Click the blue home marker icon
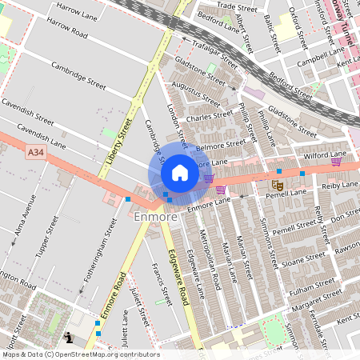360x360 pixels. click(x=180, y=173)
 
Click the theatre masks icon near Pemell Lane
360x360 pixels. click(x=277, y=183)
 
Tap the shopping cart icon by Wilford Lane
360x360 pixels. click(x=336, y=162)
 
